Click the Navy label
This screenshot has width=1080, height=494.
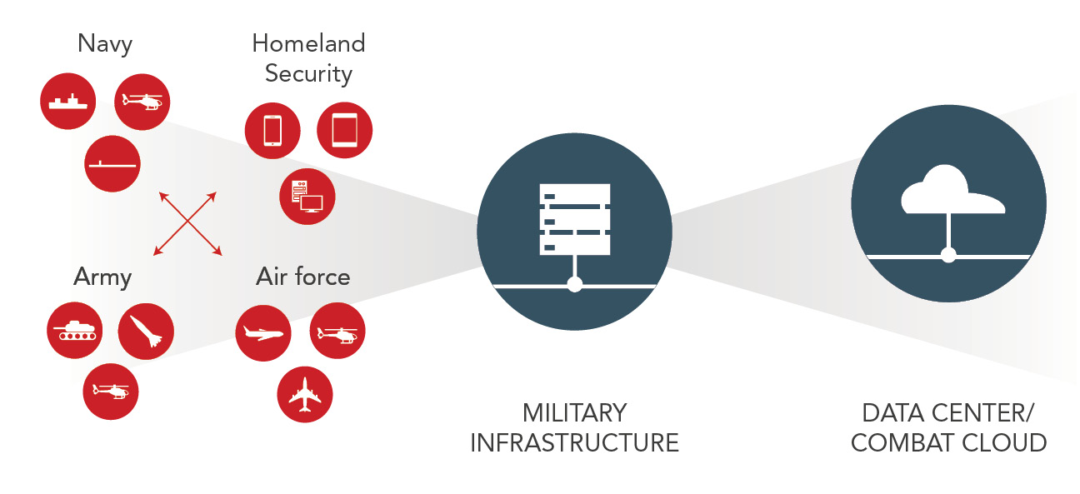(105, 43)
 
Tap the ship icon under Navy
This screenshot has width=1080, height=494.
(68, 102)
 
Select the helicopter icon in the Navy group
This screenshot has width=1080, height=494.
(142, 102)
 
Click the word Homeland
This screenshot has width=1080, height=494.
(308, 43)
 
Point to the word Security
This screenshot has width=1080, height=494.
(308, 73)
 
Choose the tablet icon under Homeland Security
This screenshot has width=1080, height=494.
(344, 131)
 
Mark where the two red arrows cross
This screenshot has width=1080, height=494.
(188, 223)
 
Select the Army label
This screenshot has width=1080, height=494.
(102, 277)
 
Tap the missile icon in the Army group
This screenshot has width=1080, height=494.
(146, 331)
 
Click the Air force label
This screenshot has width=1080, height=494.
(302, 277)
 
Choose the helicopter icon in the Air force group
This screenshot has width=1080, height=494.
(337, 334)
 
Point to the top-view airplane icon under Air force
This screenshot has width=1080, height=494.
(304, 393)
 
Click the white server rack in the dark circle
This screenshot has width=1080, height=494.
(574, 218)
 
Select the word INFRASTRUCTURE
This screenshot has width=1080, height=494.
(574, 442)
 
